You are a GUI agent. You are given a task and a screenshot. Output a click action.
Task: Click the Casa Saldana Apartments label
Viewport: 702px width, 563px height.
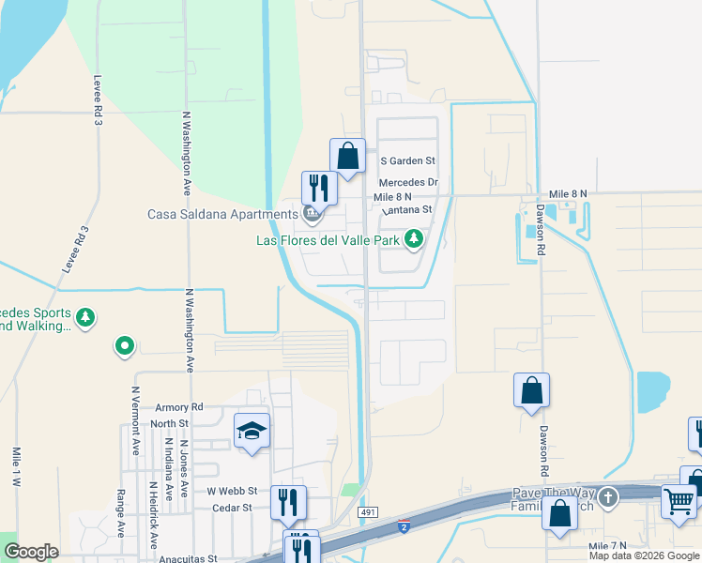[221, 214]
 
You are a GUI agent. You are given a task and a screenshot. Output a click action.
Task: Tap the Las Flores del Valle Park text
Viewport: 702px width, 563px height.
[329, 241]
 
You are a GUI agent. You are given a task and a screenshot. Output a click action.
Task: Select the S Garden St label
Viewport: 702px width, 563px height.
[407, 161]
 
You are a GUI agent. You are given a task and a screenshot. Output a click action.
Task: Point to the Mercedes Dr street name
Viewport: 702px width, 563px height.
[408, 182]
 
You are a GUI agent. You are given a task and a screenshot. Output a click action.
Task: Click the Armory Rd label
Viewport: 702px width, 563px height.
[179, 407]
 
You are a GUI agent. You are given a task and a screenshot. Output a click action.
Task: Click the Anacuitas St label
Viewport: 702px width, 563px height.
[187, 558]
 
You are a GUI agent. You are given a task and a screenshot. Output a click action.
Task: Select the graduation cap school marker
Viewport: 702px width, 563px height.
[252, 431]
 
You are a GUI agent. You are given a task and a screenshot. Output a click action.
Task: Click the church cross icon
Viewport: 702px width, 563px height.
[608, 496]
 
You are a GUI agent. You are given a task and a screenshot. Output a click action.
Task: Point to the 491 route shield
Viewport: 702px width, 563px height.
[369, 512]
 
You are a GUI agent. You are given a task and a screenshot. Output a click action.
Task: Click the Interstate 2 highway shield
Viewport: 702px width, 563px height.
[403, 526]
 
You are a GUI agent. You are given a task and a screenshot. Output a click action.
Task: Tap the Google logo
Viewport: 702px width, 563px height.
[31, 552]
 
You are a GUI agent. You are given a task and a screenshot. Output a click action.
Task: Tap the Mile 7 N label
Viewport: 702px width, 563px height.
[607, 545]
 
